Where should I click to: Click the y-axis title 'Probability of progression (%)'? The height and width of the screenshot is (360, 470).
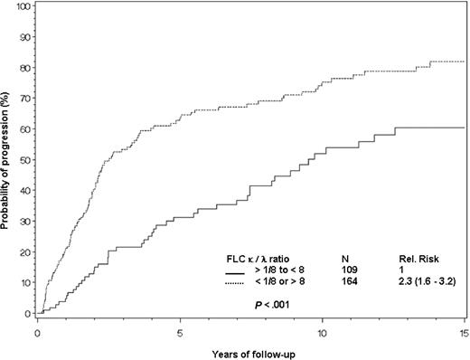tap(8, 158)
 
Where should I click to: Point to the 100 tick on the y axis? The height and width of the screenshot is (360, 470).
tap(23, 6)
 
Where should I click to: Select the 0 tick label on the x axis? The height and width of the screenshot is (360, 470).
tap(38, 328)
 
